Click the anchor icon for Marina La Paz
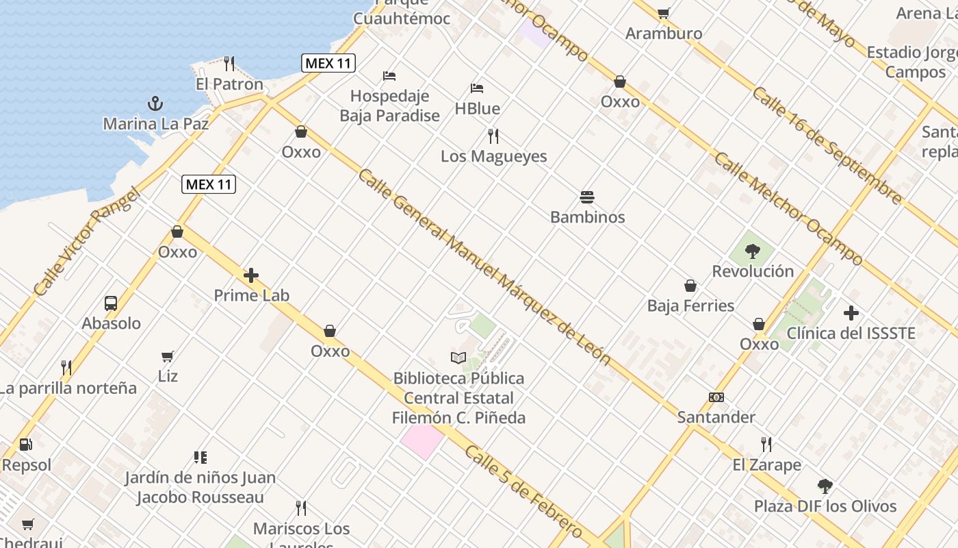[156, 103]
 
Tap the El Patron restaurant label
[229, 84]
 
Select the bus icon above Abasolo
[111, 303]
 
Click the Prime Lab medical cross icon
[251, 275]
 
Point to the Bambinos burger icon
[587, 197]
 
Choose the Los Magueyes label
[493, 156]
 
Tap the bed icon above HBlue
[477, 88]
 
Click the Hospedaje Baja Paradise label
[389, 106]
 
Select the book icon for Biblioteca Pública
[458, 358]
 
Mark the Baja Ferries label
[690, 306]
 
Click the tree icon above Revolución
[753, 251]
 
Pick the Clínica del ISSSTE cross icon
[851, 313]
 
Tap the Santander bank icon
[716, 397]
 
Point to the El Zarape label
[766, 465]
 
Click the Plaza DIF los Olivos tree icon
[825, 486]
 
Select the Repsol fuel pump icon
[26, 445]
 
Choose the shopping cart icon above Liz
[168, 356]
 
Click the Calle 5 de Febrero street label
[523, 491]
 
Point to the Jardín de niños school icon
[200, 457]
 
